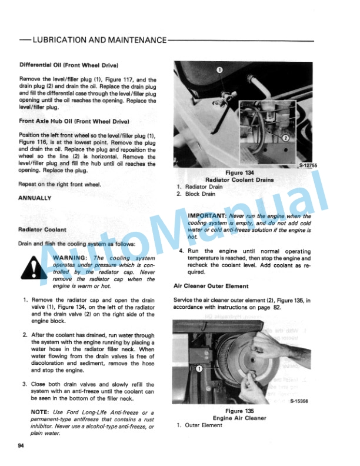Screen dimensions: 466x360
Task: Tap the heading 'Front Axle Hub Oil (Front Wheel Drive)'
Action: (x=74, y=121)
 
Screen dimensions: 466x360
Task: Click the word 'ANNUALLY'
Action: (x=35, y=198)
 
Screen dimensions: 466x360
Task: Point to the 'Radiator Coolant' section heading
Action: (x=42, y=229)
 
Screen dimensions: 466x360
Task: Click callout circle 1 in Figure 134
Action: (x=219, y=69)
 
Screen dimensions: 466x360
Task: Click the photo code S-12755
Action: (x=308, y=166)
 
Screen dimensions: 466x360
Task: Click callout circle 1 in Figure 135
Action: (x=199, y=369)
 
